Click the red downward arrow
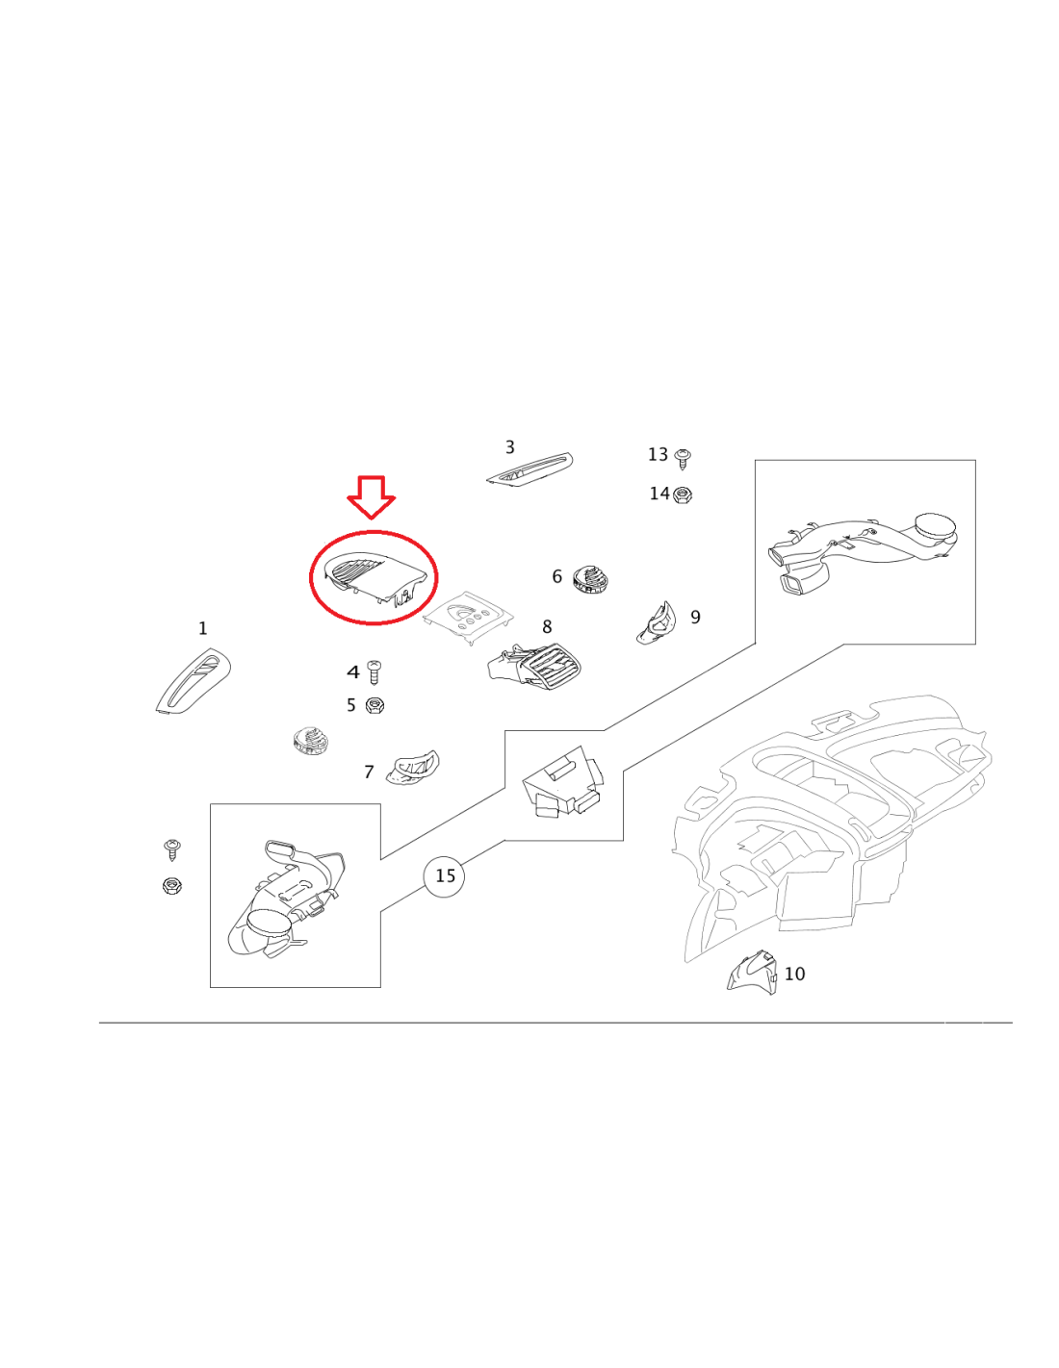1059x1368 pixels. [x=371, y=496]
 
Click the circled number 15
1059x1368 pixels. [x=444, y=875]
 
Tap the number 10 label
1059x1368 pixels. [x=794, y=974]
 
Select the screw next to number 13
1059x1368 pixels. [x=683, y=458]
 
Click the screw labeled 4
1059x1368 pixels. [x=375, y=672]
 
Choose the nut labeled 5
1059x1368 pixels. [x=375, y=705]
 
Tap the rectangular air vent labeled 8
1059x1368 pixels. [x=534, y=670]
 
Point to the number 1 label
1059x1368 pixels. [x=202, y=628]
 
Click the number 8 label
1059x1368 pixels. [x=547, y=627]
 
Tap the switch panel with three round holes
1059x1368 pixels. [x=468, y=616]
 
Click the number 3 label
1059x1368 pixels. [x=509, y=447]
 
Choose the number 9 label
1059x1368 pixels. [x=695, y=617]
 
